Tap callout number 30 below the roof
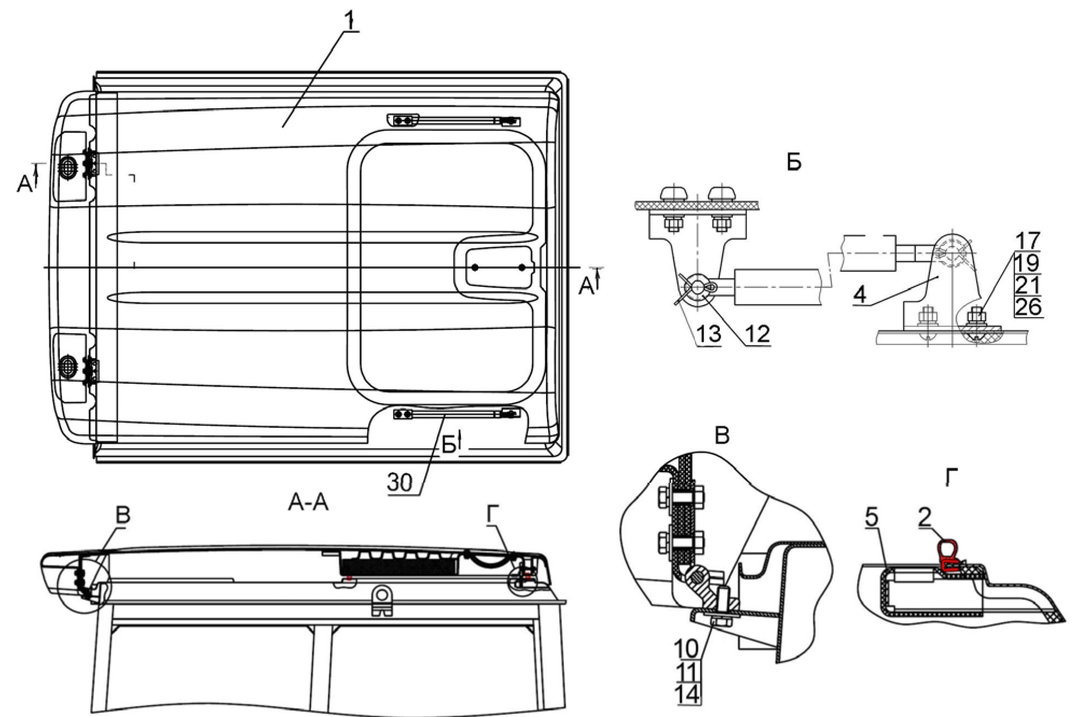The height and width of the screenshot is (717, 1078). pyautogui.click(x=401, y=482)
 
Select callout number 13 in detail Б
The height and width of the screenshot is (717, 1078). pyautogui.click(x=708, y=334)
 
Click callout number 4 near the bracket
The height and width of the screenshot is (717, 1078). pyautogui.click(x=861, y=295)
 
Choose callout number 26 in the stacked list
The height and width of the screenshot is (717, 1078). pyautogui.click(x=1028, y=307)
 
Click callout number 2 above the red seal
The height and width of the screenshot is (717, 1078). pyautogui.click(x=925, y=517)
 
